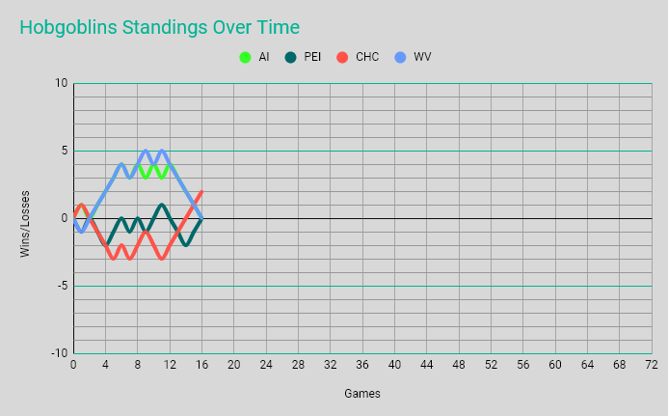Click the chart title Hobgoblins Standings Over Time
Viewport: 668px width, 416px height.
159,28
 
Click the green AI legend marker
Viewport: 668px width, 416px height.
246,58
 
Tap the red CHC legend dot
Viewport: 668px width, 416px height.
342,58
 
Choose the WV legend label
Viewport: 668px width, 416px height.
422,58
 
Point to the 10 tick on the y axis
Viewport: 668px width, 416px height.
62,83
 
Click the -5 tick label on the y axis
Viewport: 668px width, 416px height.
60,286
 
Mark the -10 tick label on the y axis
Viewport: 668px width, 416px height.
58,353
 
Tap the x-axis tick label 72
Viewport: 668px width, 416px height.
652,366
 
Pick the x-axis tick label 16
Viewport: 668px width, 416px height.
201,366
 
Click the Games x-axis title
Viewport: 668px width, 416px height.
362,394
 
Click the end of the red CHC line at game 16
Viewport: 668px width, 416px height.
201,191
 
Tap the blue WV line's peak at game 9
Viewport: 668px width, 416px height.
146,151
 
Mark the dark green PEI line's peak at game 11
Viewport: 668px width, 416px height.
162,205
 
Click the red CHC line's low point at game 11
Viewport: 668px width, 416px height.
162,259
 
